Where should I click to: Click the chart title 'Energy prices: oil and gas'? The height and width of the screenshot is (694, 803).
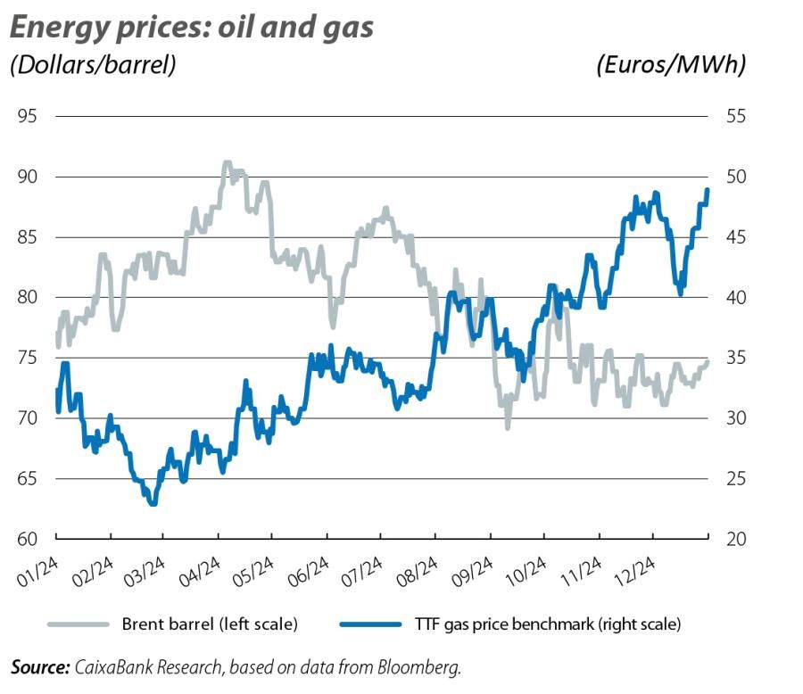click(191, 27)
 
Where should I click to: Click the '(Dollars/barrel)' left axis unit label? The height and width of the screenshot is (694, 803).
click(92, 65)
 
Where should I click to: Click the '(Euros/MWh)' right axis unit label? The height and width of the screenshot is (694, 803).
click(671, 65)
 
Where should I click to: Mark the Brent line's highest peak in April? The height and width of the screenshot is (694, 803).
click(227, 163)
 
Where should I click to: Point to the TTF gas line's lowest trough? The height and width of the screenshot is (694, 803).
click(153, 504)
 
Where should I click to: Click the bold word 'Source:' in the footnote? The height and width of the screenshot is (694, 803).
click(40, 666)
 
